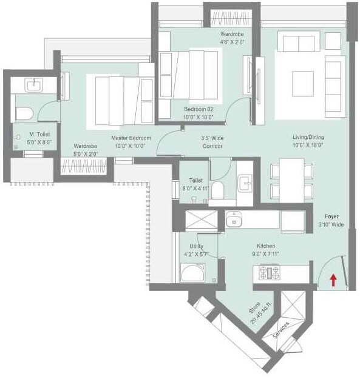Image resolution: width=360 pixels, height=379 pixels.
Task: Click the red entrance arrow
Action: coord(333,280)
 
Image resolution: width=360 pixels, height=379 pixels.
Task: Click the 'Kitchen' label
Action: coord(266,246)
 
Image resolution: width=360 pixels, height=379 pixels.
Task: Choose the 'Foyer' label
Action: coord(331,216)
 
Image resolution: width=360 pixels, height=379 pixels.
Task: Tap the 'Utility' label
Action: coord(196,246)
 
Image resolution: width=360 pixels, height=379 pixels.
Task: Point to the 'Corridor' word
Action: coord(212,146)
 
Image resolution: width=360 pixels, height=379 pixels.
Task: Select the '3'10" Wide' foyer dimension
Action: coord(331,224)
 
